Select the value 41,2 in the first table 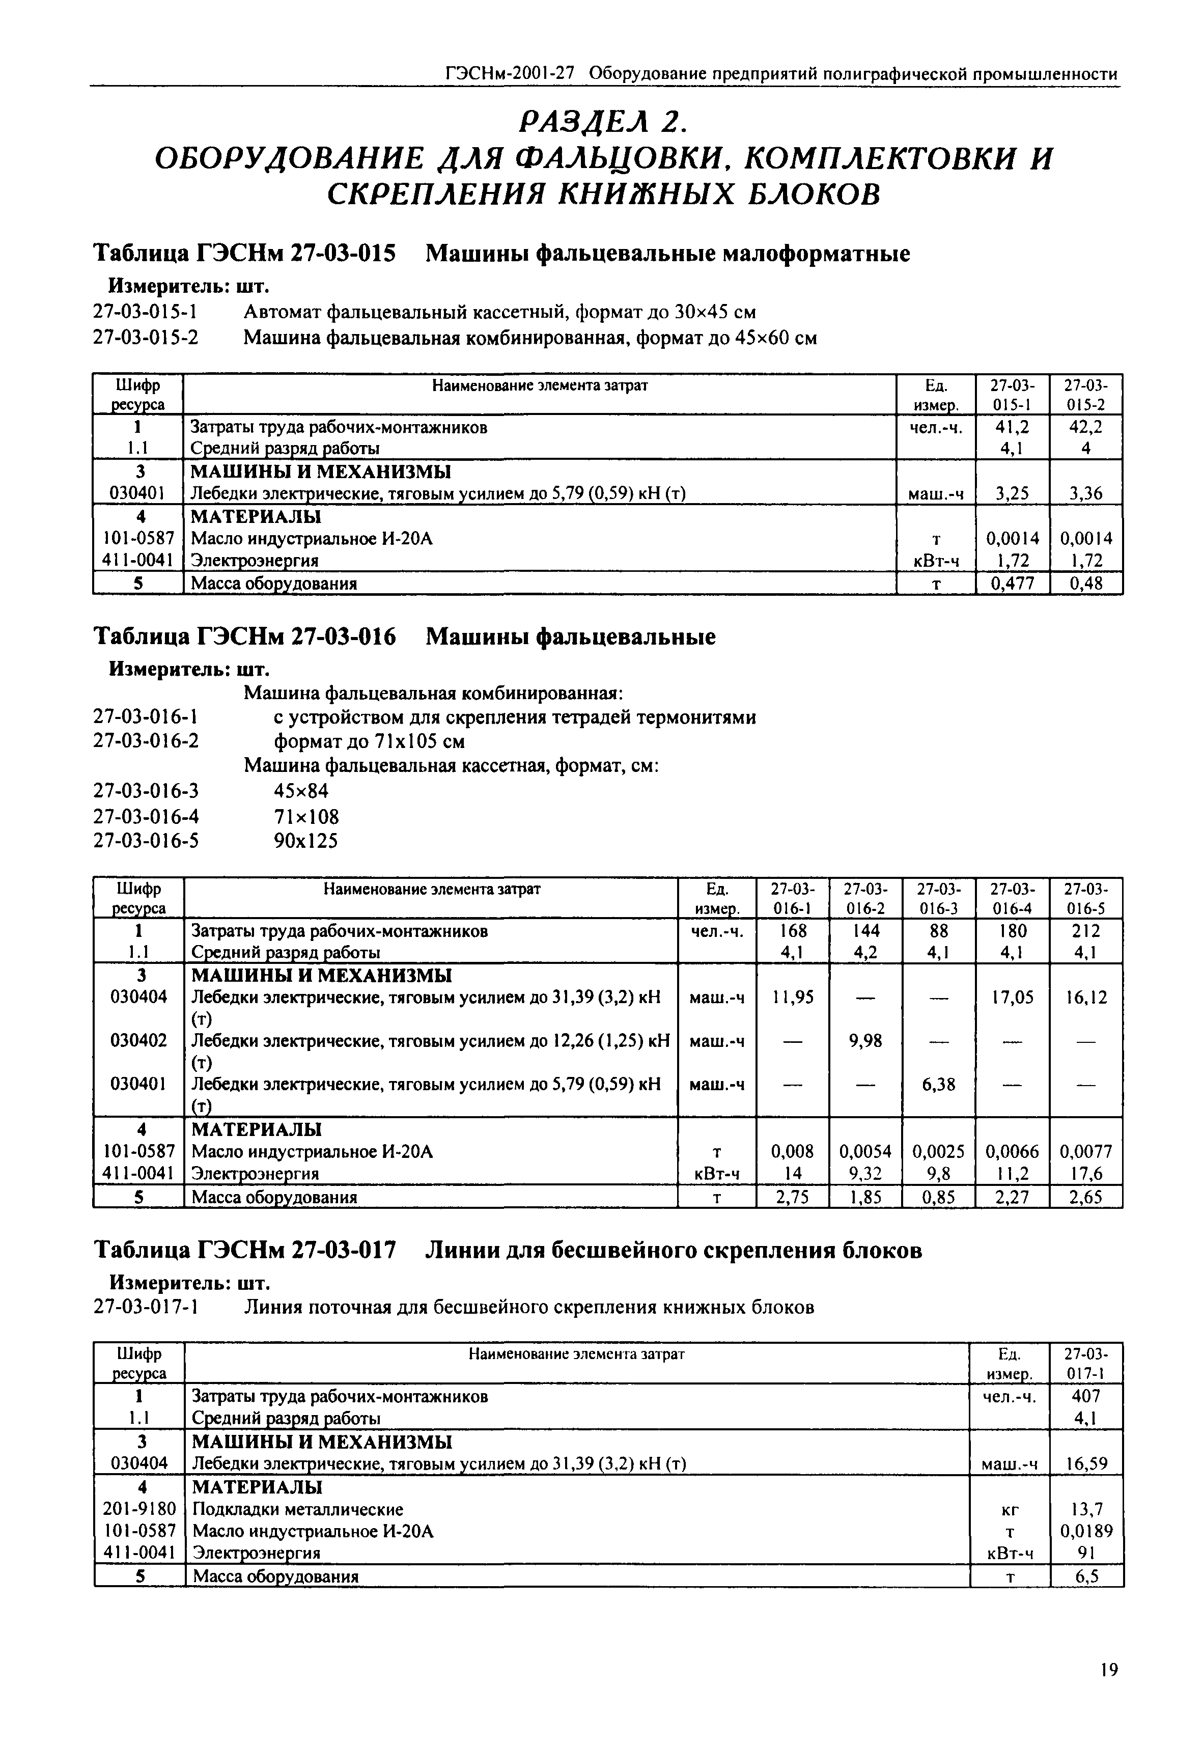point(1012,427)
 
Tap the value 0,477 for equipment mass point(1012,584)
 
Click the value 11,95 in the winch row point(792,998)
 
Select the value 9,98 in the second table point(865,1041)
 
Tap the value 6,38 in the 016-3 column point(938,1085)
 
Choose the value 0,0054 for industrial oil point(865,1152)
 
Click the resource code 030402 point(138,1041)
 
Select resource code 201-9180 point(138,1509)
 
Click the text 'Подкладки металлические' point(298,1509)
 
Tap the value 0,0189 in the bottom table point(1086,1531)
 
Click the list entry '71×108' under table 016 point(306,817)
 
